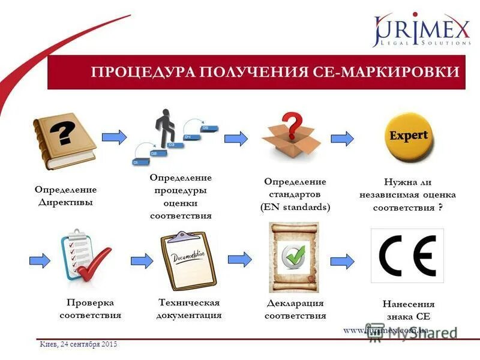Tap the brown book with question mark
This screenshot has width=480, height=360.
pyautogui.click(x=65, y=140)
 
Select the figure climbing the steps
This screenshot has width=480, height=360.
pyautogui.click(x=165, y=127)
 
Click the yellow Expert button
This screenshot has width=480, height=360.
pyautogui.click(x=409, y=136)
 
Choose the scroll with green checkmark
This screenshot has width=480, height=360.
pyautogui.click(x=293, y=257)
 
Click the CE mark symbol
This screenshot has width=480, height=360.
pyautogui.click(x=407, y=255)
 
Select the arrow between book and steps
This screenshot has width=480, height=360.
pyautogui.click(x=114, y=137)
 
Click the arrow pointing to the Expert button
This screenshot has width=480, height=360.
pyautogui.click(x=342, y=138)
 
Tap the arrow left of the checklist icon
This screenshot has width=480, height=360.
pyautogui.click(x=40, y=260)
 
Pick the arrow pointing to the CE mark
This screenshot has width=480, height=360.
pyautogui.click(x=342, y=260)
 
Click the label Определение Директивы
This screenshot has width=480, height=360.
pyautogui.click(x=65, y=196)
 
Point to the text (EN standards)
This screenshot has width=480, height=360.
pyautogui.click(x=295, y=207)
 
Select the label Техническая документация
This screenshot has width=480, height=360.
pyautogui.click(x=189, y=308)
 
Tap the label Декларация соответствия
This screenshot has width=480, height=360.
pyautogui.click(x=295, y=309)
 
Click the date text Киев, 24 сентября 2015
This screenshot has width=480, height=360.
pyautogui.click(x=79, y=344)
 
